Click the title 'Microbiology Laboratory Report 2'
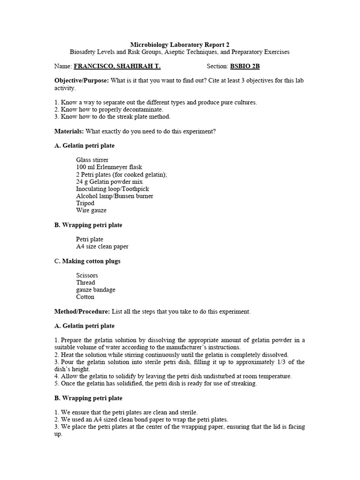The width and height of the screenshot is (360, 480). coord(180,45)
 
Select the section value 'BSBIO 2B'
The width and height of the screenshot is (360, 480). coord(245,67)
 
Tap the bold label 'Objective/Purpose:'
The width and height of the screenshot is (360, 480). coord(82,81)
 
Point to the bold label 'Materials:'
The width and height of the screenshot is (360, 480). coord(69,131)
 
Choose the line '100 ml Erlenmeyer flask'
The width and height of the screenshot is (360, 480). coord(109,167)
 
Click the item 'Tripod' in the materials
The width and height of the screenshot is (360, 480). coord(85,203)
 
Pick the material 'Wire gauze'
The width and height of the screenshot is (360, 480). coord(91,210)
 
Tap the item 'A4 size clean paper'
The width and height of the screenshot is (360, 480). coord(102,247)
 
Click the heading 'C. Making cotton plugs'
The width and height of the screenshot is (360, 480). coord(87,261)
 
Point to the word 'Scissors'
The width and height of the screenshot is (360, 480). coord(87,275)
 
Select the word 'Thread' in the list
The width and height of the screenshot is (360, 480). coord(86,283)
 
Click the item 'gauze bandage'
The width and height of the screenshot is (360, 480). coord(96,290)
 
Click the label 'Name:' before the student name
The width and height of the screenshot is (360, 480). coord(63,67)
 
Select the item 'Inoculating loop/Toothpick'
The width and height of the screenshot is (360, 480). coord(112,189)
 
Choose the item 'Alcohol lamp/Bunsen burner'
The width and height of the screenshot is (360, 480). coord(114,196)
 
